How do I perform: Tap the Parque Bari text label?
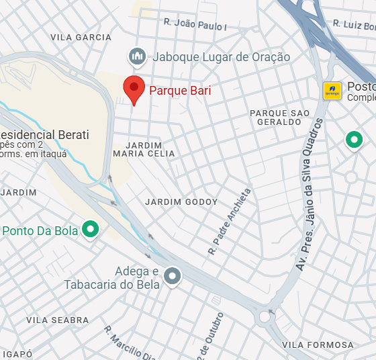pyautogui.click(x=179, y=89)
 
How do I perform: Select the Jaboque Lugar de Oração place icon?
pyautogui.click(x=138, y=57)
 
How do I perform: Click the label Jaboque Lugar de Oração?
pyautogui.click(x=221, y=57)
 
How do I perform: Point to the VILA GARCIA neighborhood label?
pyautogui.click(x=81, y=38)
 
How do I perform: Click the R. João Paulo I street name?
pyautogui.click(x=195, y=25)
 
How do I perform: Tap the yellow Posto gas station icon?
pyautogui.click(x=331, y=91)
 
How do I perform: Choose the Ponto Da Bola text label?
pyautogui.click(x=40, y=231)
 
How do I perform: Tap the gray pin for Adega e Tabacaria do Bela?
pyautogui.click(x=173, y=276)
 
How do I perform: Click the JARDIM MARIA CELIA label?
pyautogui.click(x=144, y=149)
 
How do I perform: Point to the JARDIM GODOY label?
pyautogui.click(x=181, y=201)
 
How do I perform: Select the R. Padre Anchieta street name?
pyautogui.click(x=230, y=221)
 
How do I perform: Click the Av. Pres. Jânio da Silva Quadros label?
pyautogui.click(x=309, y=195)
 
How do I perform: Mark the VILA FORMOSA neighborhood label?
pyautogui.click(x=318, y=345)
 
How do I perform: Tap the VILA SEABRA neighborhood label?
pyautogui.click(x=57, y=320)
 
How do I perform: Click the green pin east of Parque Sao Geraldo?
pyautogui.click(x=354, y=140)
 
